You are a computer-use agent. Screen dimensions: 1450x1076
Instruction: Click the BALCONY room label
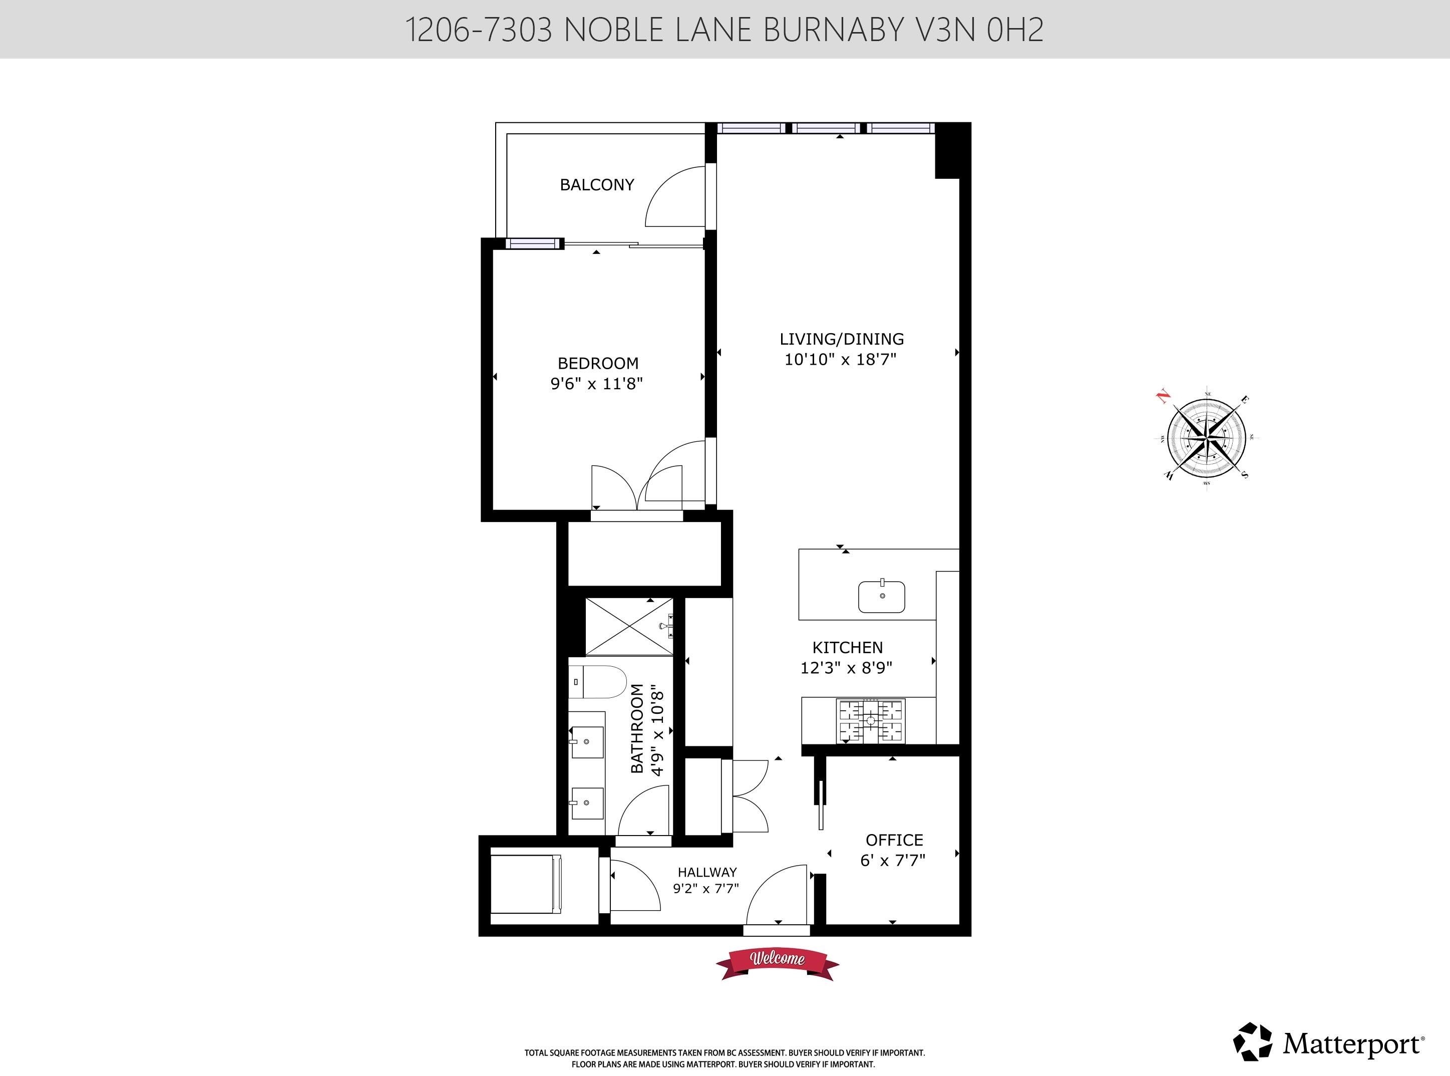[x=596, y=185]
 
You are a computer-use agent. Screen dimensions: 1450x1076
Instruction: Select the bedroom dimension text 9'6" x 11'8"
[x=596, y=384]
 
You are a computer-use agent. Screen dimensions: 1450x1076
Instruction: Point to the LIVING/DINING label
[x=842, y=339]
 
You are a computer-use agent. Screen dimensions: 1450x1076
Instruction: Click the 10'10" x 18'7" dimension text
[x=841, y=359]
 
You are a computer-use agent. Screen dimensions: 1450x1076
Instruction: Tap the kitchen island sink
[x=882, y=596]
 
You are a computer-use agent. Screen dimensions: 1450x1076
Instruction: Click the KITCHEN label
[x=848, y=647]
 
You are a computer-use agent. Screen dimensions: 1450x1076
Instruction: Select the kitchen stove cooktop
[x=871, y=720]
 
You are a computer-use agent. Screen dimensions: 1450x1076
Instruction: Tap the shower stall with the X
[x=629, y=627]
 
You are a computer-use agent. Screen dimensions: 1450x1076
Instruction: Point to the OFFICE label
[x=894, y=840]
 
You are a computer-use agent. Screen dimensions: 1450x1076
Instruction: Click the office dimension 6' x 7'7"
[x=893, y=861]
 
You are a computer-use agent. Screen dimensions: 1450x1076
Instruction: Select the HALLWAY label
[x=707, y=872]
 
